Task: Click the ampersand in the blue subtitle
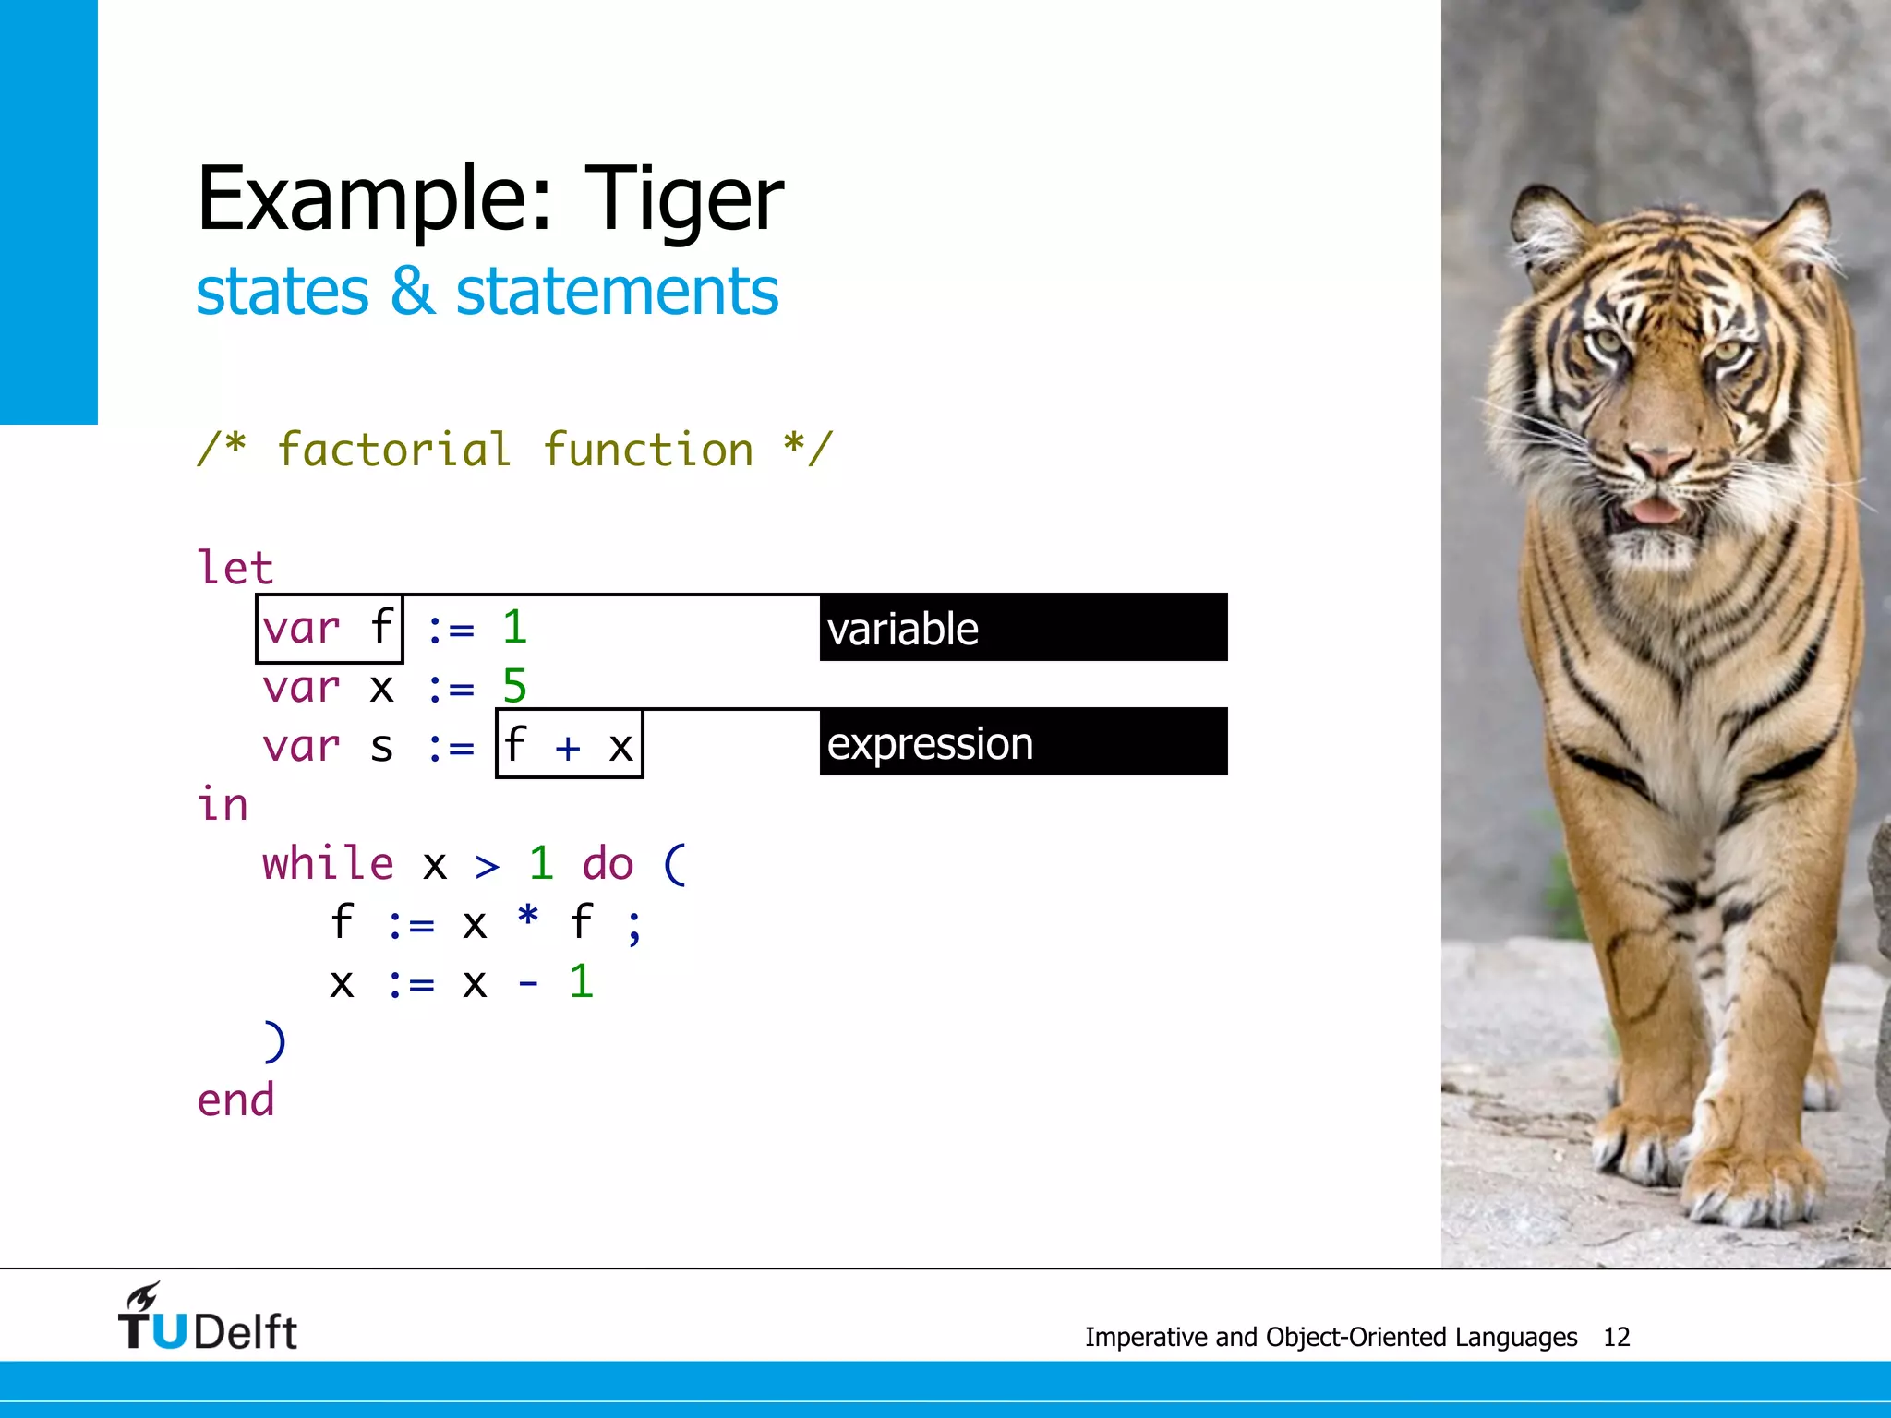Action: [x=412, y=292]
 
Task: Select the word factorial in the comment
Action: [x=394, y=451]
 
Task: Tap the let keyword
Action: [x=235, y=567]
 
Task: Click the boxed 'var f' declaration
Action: [x=330, y=629]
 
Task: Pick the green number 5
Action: [x=514, y=687]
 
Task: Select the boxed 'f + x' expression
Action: [x=569, y=744]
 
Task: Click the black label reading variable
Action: [x=1023, y=629]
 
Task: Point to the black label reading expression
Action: [x=1023, y=743]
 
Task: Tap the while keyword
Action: [x=328, y=864]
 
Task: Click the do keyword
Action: [x=608, y=864]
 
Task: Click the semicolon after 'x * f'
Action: [x=633, y=926]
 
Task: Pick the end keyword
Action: [x=235, y=1100]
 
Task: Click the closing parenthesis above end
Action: [x=274, y=1041]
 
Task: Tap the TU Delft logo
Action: [x=207, y=1317]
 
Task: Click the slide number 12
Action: [x=1616, y=1337]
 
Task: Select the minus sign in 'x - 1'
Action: [x=527, y=983]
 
